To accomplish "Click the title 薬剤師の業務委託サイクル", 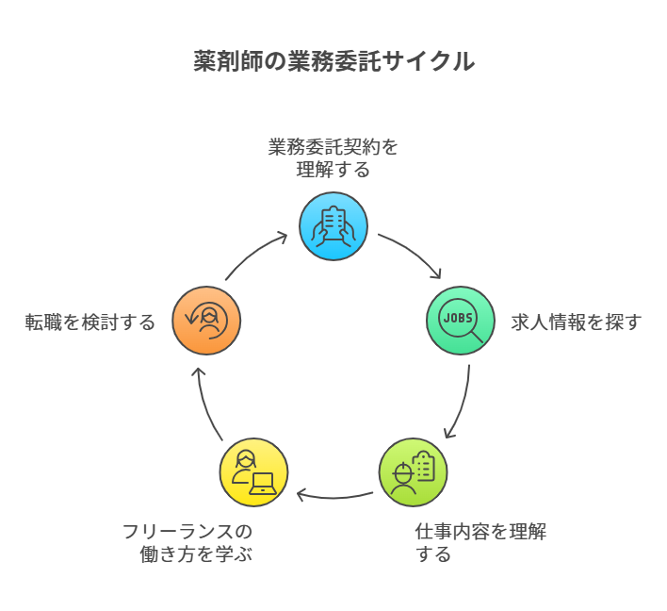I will pos(333,62).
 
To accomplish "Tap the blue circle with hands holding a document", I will pos(333,226).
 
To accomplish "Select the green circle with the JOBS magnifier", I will pos(461,321).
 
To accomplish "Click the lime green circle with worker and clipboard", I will pos(413,471).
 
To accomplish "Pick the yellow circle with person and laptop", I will pos(253,471).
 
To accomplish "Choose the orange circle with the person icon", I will pos(206,321).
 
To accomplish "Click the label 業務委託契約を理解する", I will pos(333,158).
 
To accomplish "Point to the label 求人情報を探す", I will pos(577,322).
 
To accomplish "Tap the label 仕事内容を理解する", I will pos(480,542).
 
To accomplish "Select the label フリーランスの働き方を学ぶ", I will pos(188,542).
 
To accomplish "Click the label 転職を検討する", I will pos(90,322).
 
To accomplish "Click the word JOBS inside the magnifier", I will pos(457,317).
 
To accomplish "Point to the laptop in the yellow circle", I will pos(263,484).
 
